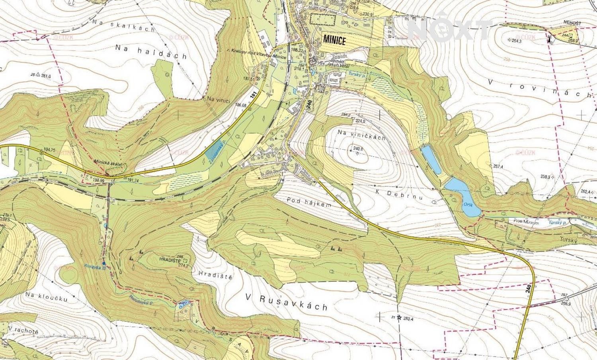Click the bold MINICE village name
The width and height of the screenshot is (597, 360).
click(334, 40)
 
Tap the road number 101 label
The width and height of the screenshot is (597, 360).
click(253, 95)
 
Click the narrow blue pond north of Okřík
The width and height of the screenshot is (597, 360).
click(431, 160)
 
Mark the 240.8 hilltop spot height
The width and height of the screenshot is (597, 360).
click(358, 149)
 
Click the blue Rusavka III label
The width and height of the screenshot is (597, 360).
click(94, 267)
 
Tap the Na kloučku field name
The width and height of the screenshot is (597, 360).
click(46, 297)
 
